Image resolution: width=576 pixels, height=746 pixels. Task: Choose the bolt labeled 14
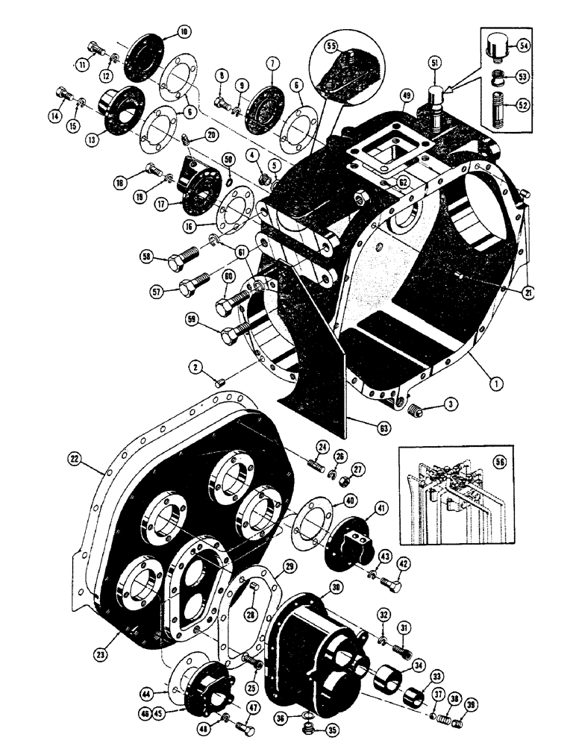64,95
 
